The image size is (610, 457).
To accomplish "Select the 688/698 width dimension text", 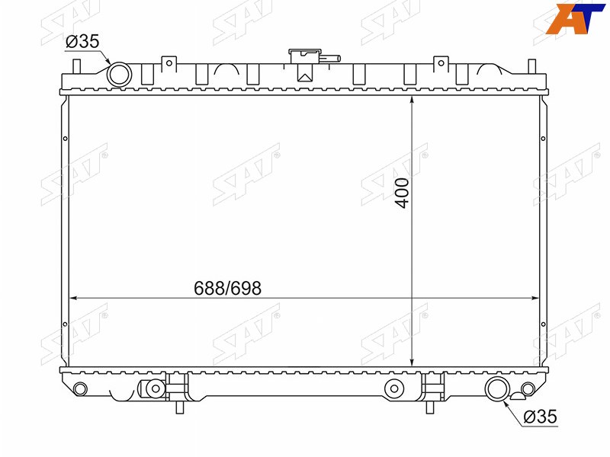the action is (x=227, y=289).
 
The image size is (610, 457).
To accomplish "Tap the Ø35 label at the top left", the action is (x=82, y=41).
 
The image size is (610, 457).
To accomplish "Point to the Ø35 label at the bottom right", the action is (x=541, y=417).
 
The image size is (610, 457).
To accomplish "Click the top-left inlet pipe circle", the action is (x=119, y=74).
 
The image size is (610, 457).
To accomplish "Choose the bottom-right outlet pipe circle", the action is (x=497, y=388).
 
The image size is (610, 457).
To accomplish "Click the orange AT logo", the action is (x=575, y=18).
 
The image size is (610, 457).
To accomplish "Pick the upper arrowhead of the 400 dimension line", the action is (x=412, y=101).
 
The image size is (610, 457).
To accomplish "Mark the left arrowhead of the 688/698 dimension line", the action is (x=73, y=299).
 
